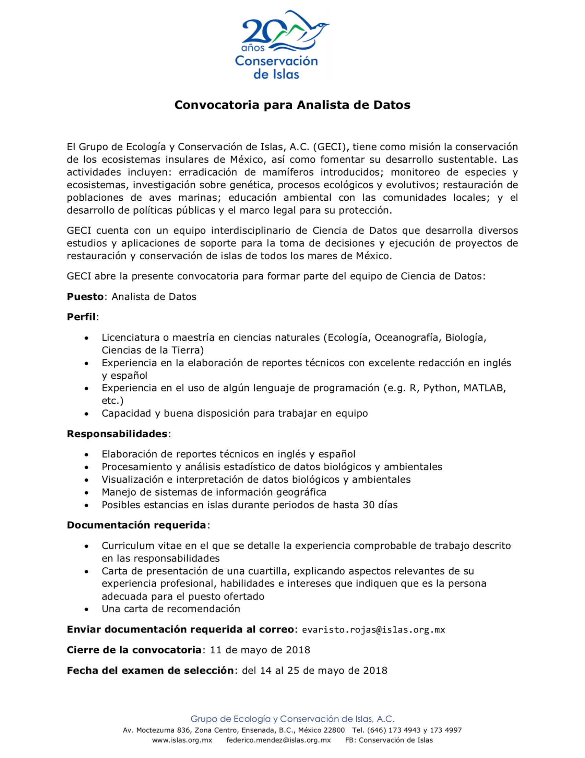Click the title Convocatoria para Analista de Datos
point(292,105)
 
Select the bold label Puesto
point(85,297)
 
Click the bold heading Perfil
point(81,317)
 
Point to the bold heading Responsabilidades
point(117,434)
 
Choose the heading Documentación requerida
point(136,525)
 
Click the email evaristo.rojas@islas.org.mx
point(373,630)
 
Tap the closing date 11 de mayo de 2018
point(260,650)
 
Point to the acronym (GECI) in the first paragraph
point(331,147)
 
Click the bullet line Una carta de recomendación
point(171,609)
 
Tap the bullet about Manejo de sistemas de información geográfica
point(214,492)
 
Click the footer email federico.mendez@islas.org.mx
point(278,740)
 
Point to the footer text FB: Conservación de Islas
point(389,740)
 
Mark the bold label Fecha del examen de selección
point(150,670)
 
